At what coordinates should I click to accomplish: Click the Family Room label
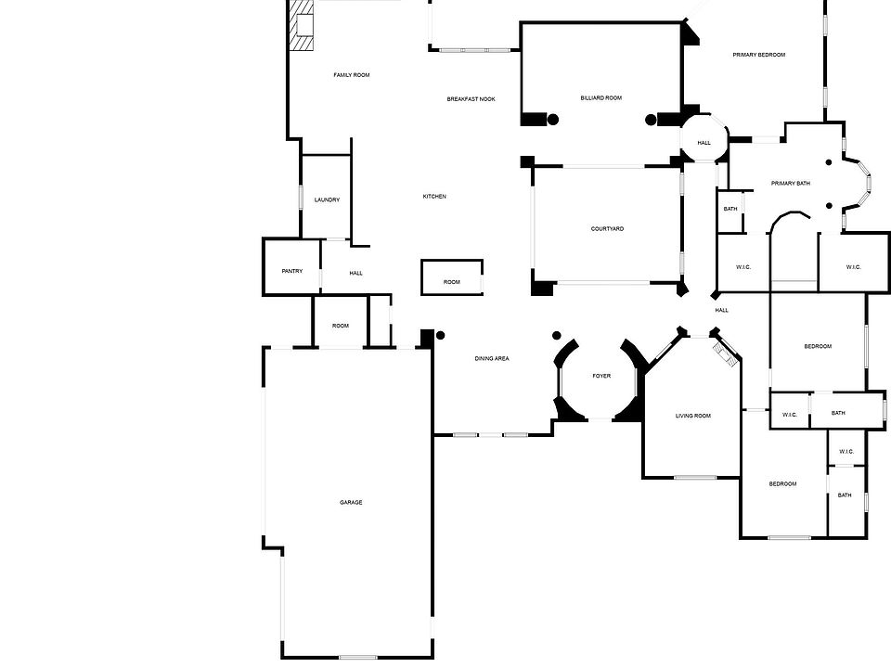(x=352, y=75)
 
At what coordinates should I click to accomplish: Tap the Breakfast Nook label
(x=471, y=99)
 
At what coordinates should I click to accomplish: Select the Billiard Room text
(x=600, y=97)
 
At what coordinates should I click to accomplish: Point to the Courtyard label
(x=607, y=229)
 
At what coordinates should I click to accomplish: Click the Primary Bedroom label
(x=758, y=55)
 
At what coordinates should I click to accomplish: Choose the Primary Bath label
(x=790, y=184)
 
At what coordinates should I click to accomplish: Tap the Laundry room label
(x=327, y=200)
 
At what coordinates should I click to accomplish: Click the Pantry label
(x=291, y=271)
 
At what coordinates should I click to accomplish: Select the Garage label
(x=351, y=503)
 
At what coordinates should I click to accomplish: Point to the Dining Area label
(x=492, y=358)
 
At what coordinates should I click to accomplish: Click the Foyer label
(x=601, y=376)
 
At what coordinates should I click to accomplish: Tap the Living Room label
(x=692, y=416)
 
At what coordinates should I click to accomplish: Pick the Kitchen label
(x=434, y=197)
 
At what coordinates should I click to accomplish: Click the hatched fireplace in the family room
(x=301, y=24)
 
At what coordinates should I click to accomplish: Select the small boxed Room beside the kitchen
(x=452, y=277)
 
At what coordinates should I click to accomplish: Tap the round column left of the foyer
(x=558, y=336)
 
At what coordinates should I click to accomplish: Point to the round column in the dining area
(x=441, y=335)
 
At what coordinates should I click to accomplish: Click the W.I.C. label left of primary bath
(x=742, y=268)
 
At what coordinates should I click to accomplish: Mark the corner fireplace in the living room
(x=725, y=353)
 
